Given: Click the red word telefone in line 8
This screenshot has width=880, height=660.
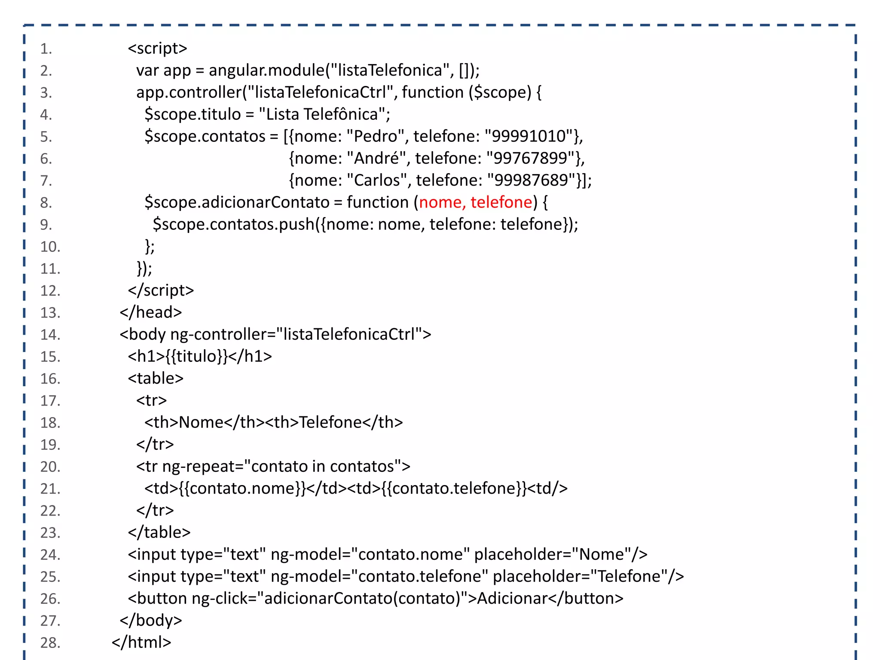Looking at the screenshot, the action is tap(501, 202).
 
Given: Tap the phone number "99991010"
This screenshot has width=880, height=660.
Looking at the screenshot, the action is tap(529, 137).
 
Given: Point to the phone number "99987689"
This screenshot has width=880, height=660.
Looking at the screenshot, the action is tap(532, 180).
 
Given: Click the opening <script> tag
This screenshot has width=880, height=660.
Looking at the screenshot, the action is tap(157, 49).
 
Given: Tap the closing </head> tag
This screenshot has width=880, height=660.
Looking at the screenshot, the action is tap(151, 312).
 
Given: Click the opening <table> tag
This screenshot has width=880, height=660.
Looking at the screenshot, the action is tap(156, 379).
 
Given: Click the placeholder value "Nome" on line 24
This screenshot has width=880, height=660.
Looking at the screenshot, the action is tap(602, 555).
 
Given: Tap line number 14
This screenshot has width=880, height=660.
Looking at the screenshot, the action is tap(50, 335).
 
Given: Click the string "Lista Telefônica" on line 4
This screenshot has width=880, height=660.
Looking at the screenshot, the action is tap(324, 115).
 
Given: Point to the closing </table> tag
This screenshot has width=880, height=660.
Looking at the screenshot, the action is tap(159, 533).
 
